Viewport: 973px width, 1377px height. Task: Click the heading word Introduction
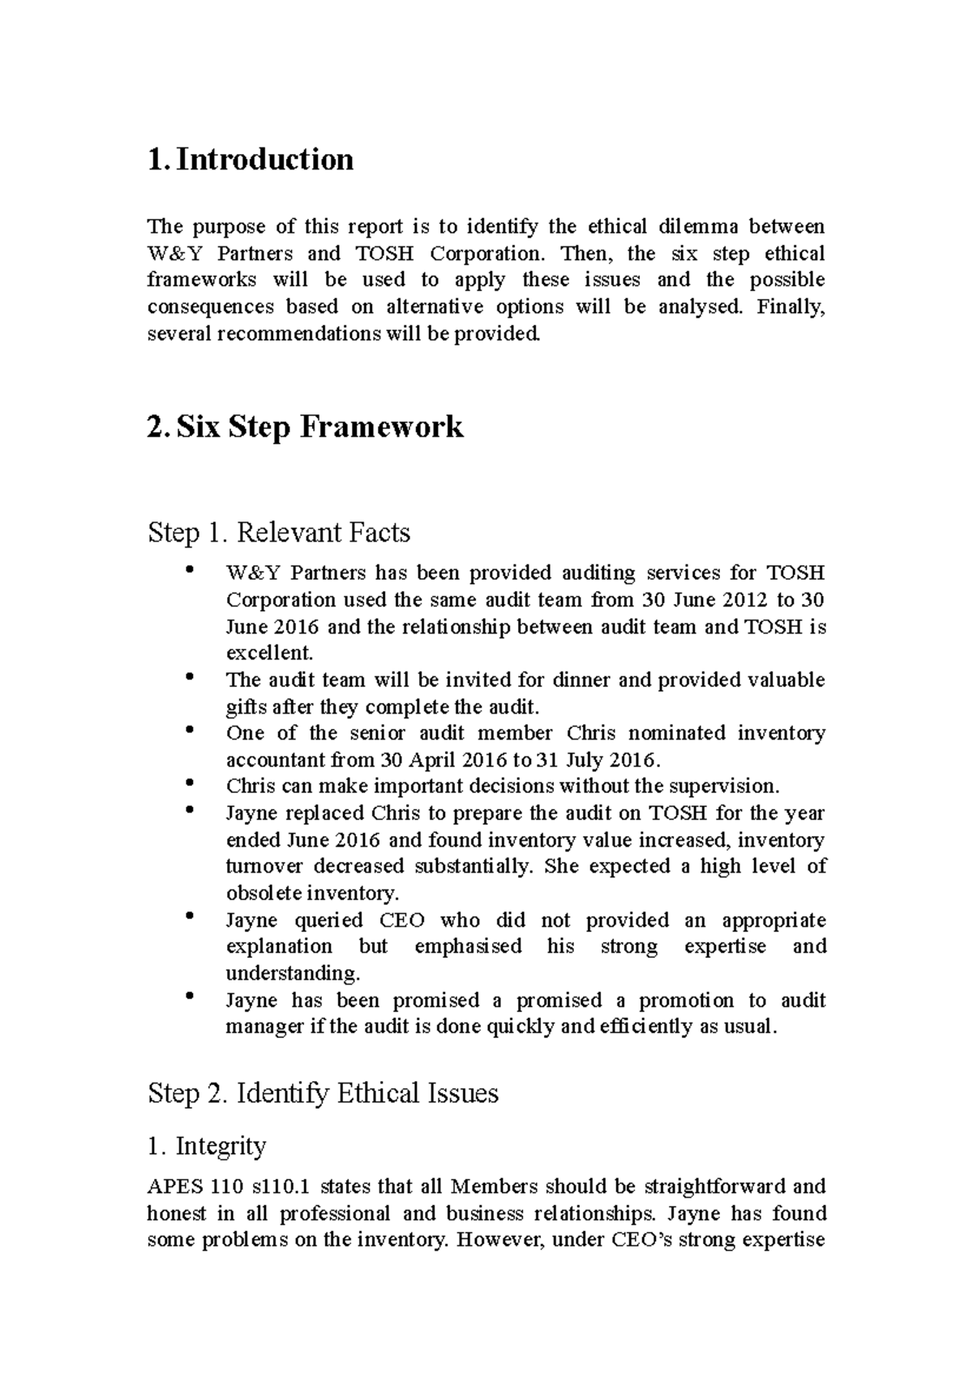pyautogui.click(x=264, y=159)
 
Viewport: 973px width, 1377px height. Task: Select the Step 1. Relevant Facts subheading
pyautogui.click(x=279, y=533)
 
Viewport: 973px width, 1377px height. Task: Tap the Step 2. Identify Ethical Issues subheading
pyautogui.click(x=323, y=1093)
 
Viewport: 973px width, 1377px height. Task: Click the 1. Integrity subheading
pyautogui.click(x=207, y=1146)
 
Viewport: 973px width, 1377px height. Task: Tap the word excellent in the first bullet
pyautogui.click(x=268, y=654)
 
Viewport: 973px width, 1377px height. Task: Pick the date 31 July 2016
pyautogui.click(x=598, y=761)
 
